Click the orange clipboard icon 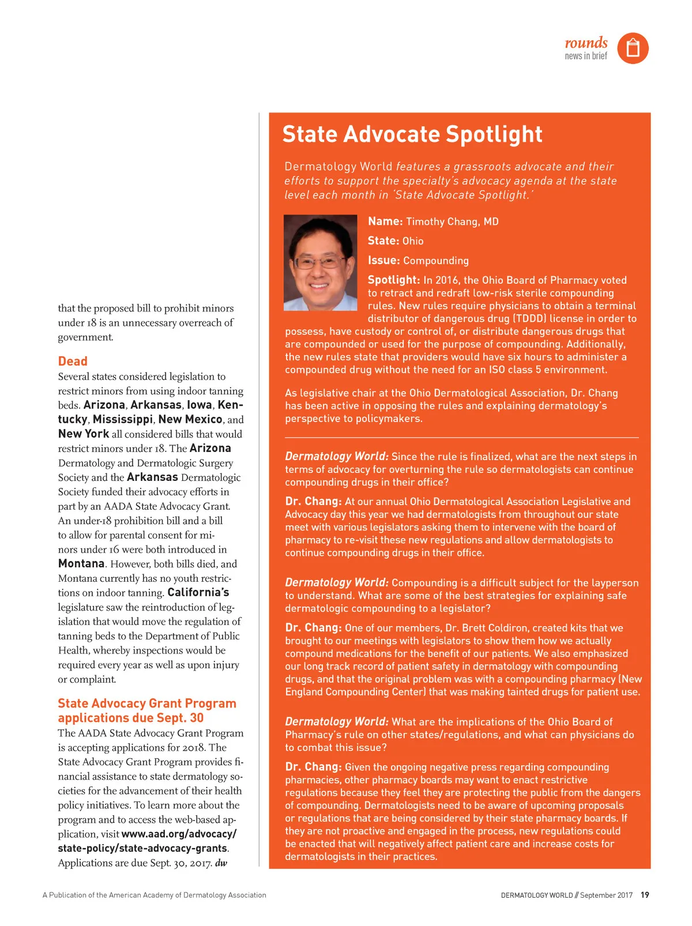tap(633, 48)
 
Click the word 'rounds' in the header tap(586, 43)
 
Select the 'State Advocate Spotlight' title tap(412, 134)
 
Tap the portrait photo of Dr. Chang tap(321, 262)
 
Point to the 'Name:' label tap(385, 221)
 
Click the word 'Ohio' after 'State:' tap(413, 241)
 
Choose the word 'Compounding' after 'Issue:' tap(436, 261)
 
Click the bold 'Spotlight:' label tap(394, 280)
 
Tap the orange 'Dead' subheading tap(73, 362)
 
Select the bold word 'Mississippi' tap(123, 419)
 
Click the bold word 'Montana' tap(81, 563)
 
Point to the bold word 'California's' tap(198, 592)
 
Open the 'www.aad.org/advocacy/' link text tap(179, 834)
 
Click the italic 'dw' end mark tap(221, 863)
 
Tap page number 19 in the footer tap(645, 895)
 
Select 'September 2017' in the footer tap(606, 895)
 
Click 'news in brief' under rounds tap(586, 56)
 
